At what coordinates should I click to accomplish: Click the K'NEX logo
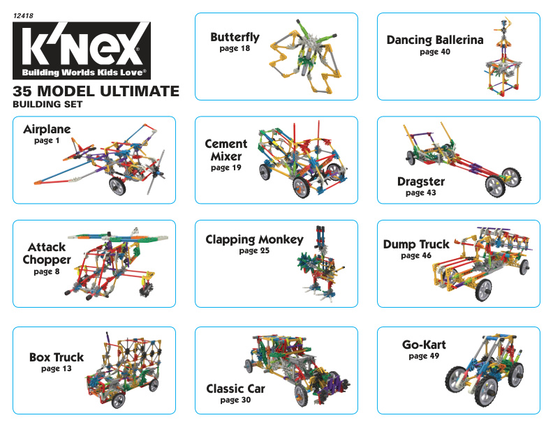point(82,51)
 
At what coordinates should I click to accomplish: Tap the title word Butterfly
point(235,38)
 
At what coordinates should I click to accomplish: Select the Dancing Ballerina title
point(434,40)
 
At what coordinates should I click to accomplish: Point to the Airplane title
point(47,130)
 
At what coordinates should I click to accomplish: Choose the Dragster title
point(420,182)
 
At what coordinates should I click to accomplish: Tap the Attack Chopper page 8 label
point(47,272)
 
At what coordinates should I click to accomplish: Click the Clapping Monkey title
point(254,240)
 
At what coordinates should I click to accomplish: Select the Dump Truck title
point(416,245)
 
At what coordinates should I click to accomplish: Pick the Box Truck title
point(56,357)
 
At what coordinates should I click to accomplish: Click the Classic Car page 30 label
point(235,400)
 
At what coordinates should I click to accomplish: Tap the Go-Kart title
point(423,345)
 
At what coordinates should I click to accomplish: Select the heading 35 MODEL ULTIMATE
point(96,91)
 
